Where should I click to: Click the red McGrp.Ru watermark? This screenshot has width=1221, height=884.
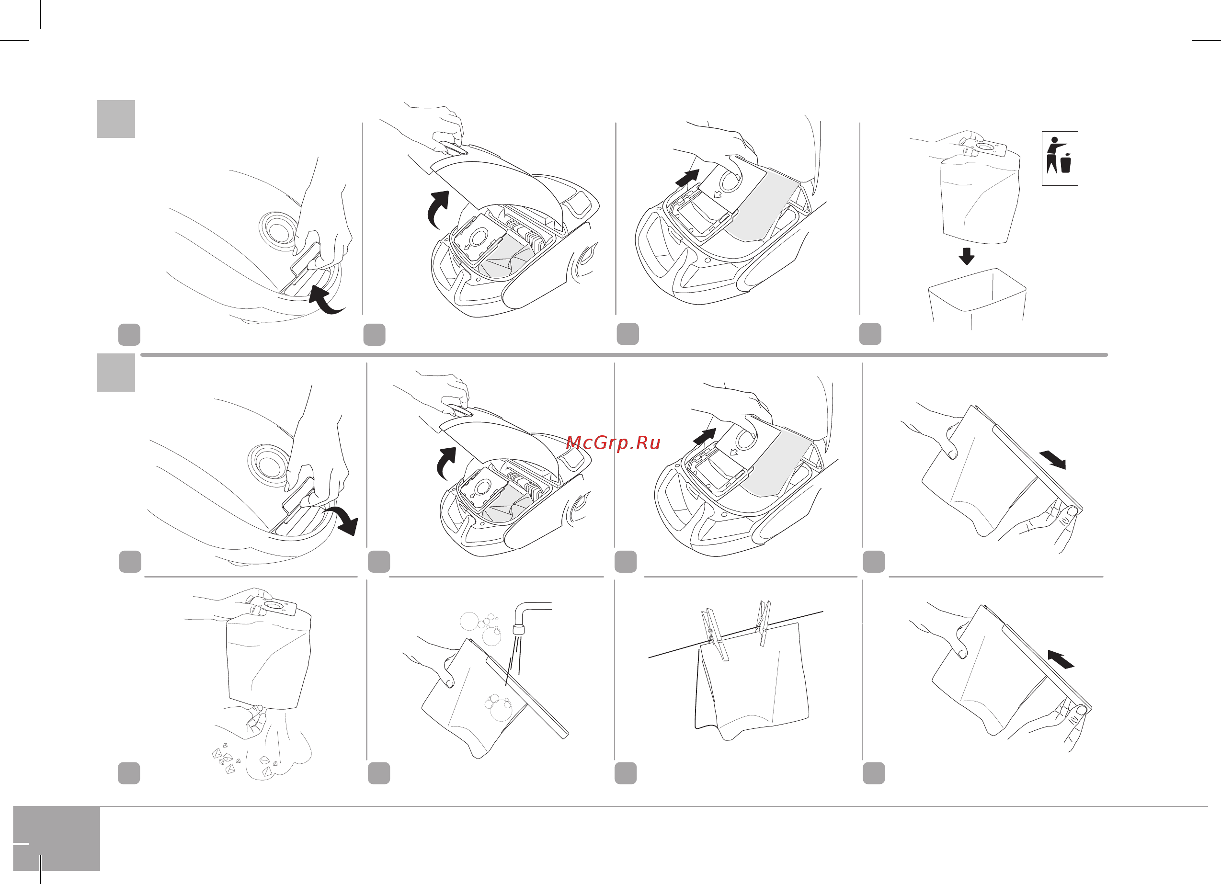click(x=613, y=442)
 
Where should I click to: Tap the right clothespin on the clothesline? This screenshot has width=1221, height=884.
click(x=764, y=623)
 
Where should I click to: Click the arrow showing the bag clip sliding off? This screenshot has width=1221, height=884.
click(x=1052, y=459)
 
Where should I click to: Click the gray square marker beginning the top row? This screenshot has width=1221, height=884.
click(x=116, y=119)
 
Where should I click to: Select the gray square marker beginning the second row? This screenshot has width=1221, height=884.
click(x=116, y=372)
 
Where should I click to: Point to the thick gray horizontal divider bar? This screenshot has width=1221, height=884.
click(x=624, y=355)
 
